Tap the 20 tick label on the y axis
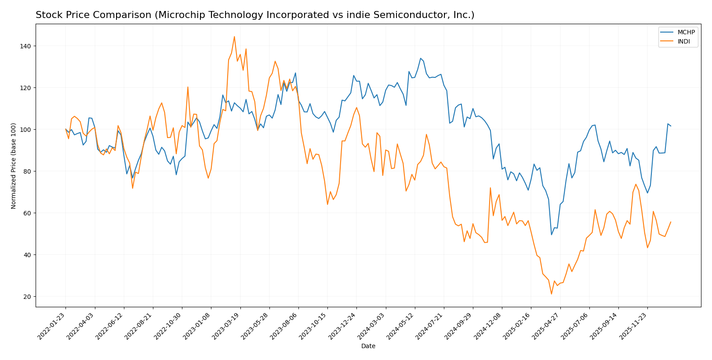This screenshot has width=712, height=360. pos(27,297)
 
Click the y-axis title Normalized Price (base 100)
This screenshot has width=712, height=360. pos(14,165)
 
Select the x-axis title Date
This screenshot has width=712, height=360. pos(368,346)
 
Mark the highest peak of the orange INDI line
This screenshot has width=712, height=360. pos(234,36)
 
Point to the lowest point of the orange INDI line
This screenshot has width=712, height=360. pos(552,294)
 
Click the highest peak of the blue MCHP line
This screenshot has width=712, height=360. pos(421,58)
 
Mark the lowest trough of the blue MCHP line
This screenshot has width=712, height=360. pos(552,235)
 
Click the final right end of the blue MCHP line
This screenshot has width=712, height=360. pos(671,126)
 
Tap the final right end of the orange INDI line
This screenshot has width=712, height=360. pos(671,222)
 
